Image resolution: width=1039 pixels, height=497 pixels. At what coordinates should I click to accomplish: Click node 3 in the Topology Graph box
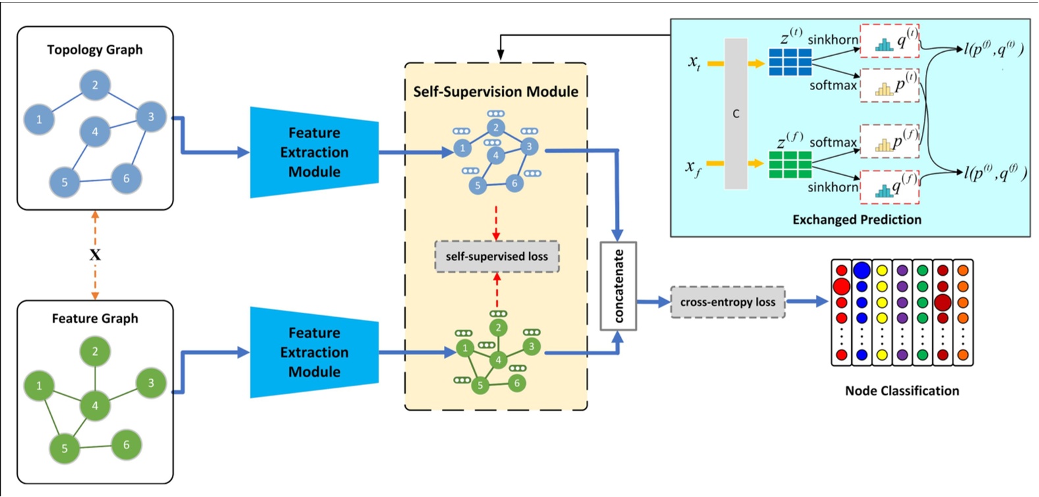[x=151, y=117]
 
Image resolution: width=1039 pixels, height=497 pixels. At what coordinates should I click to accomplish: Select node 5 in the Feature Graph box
[x=65, y=448]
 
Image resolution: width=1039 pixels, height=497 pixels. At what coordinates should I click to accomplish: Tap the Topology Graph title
[x=95, y=50]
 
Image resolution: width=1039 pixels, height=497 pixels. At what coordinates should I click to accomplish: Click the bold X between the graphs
[x=95, y=255]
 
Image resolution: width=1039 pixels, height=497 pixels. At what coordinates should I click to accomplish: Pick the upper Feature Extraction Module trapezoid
[x=314, y=152]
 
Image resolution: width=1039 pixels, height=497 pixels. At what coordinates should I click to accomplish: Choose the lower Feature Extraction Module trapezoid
[x=314, y=352]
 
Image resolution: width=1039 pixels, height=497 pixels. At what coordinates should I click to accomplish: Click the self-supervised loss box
[x=496, y=257]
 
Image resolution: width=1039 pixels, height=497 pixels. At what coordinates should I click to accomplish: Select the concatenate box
[x=618, y=286]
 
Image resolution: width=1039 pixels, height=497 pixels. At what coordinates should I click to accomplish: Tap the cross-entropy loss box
[x=728, y=302]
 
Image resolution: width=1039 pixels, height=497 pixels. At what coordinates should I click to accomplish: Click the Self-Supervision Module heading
[x=495, y=92]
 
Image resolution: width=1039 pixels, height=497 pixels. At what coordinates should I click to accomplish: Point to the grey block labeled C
[x=736, y=113]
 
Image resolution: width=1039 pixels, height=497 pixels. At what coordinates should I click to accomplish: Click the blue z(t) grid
[x=790, y=62]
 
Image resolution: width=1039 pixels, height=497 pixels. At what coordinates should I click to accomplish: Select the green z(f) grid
[x=790, y=165]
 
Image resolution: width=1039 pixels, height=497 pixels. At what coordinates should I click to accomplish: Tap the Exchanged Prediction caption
[x=857, y=220]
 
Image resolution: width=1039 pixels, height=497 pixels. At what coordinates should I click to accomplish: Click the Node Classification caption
[x=901, y=391]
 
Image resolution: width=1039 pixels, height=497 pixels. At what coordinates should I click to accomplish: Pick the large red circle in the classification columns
[x=841, y=286]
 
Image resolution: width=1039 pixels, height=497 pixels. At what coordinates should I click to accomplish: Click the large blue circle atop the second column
[x=862, y=270]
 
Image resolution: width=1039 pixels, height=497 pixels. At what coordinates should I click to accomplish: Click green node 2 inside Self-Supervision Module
[x=498, y=327]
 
